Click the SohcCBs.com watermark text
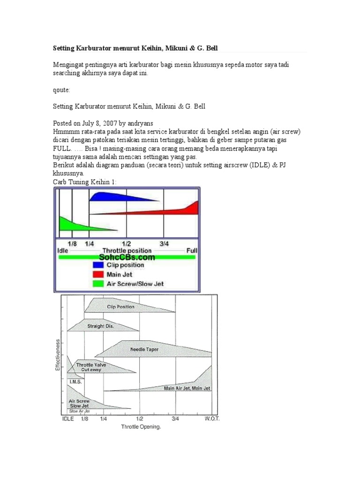click(x=127, y=257)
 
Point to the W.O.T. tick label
click(x=211, y=419)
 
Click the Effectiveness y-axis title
click(x=58, y=355)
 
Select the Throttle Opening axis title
click(x=141, y=427)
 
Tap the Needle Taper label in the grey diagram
click(x=147, y=350)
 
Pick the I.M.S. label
click(x=75, y=382)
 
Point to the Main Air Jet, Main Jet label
click(x=187, y=388)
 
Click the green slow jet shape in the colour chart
click(x=75, y=226)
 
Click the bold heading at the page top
click(x=135, y=48)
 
